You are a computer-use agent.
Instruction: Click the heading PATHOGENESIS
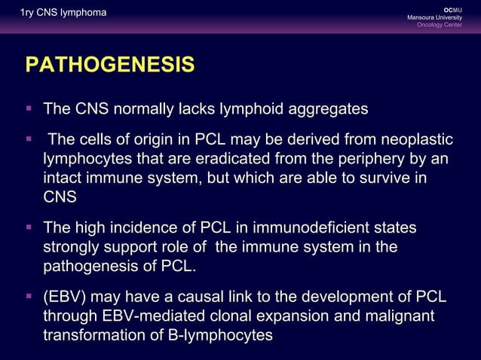coord(110,66)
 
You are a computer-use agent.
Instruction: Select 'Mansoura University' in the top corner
coord(440,17)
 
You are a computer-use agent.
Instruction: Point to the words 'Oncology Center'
coord(445,26)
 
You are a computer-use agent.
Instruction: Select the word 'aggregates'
coord(326,109)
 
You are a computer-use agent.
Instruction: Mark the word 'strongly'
coord(73,248)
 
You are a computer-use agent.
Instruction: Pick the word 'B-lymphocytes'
coord(222,334)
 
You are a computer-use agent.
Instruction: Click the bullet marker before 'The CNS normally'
coord(29,109)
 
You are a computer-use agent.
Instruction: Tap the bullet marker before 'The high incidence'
coord(29,227)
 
